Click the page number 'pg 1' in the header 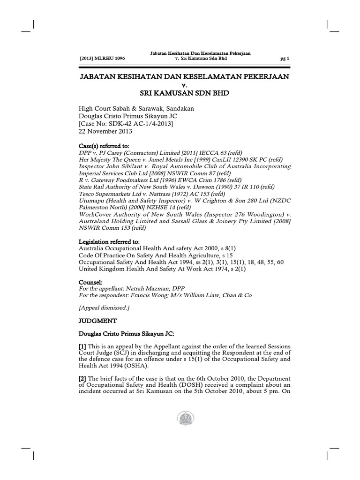pos(285,59)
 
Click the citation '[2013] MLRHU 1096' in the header pos(103,59)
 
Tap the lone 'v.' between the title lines pos(184,85)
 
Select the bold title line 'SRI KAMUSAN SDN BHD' pos(184,93)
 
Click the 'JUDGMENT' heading pos(95,321)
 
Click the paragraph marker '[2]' pos(82,378)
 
